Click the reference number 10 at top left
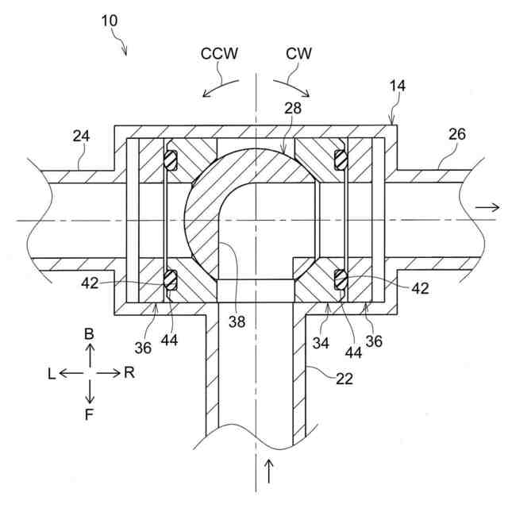pyautogui.click(x=110, y=21)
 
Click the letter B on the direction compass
pyautogui.click(x=90, y=336)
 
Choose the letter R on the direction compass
pyautogui.click(x=129, y=373)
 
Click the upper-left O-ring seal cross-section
pyautogui.click(x=171, y=160)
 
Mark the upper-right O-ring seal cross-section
pyautogui.click(x=340, y=160)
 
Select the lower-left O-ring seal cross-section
pyautogui.click(x=171, y=279)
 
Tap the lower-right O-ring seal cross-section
pyautogui.click(x=340, y=279)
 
